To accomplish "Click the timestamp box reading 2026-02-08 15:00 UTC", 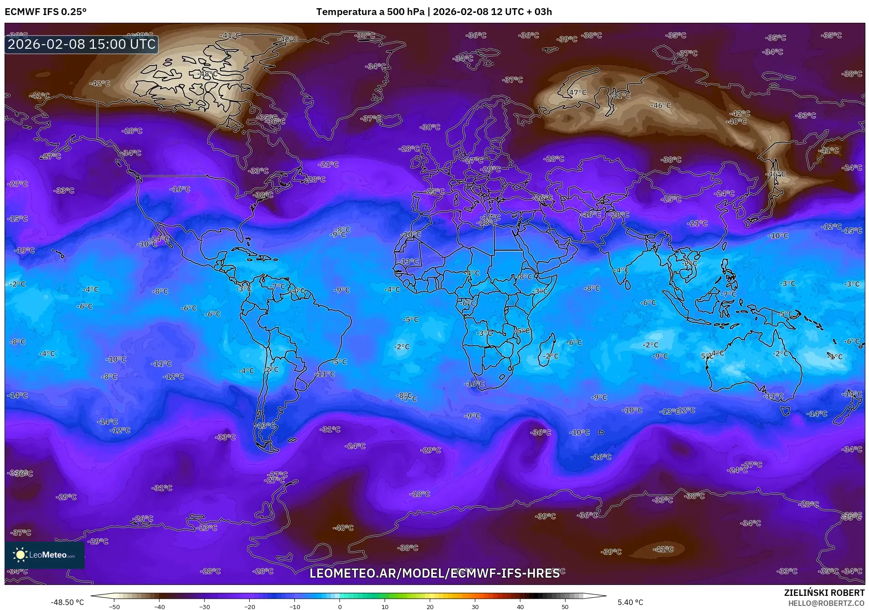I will click(82, 44).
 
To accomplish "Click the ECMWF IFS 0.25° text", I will click(46, 12).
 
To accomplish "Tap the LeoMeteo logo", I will click(45, 555).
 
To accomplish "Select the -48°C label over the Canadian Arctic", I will click(209, 74).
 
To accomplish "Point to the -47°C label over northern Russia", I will click(577, 93).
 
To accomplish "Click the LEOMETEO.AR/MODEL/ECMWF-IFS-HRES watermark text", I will click(434, 574).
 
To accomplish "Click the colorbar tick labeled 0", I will click(340, 606).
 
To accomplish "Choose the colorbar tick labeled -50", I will click(114, 606).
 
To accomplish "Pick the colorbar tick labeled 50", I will click(565, 606).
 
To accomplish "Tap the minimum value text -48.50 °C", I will click(67, 602).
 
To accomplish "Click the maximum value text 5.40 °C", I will click(630, 602).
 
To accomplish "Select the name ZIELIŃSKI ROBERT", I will click(824, 593).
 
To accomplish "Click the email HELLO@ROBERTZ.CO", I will click(826, 603).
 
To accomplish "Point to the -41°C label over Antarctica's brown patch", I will click(663, 549).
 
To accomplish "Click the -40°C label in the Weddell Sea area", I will click(343, 528).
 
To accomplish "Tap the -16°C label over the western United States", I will click(180, 189).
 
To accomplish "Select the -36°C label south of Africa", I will click(541, 432).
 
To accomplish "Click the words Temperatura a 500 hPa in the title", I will click(370, 12).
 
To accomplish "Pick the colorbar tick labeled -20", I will click(250, 606).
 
